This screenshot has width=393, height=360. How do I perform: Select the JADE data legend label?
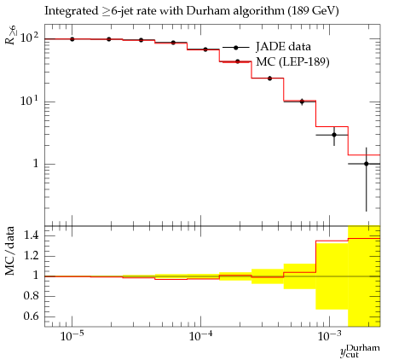point(283,47)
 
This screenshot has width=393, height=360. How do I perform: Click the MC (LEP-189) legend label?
point(292,61)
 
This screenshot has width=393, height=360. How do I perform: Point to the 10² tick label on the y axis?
point(29,38)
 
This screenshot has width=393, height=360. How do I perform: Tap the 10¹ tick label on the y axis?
point(29,101)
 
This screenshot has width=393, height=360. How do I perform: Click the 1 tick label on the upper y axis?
point(36,164)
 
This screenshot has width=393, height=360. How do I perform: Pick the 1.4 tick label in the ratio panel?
point(31,235)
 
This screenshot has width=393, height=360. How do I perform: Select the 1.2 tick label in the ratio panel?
point(31,256)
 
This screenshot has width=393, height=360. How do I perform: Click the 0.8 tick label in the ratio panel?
point(31,296)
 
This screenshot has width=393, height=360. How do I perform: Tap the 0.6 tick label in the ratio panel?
point(31,316)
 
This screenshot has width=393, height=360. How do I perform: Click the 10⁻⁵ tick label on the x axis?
point(72,336)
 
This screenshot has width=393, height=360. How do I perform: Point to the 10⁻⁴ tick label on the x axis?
point(200,336)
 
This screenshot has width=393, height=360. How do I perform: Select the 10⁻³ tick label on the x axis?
point(329,336)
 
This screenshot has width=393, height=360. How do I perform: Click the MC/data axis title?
point(10,251)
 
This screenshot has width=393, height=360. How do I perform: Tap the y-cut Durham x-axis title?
point(360,351)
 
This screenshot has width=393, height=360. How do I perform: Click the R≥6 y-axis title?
point(11,34)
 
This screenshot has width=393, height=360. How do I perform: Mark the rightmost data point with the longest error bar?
point(367,164)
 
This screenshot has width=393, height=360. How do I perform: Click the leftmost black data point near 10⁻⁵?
point(72,39)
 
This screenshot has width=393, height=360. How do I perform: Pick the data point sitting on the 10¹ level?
point(302,102)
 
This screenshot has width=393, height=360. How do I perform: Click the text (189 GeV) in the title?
point(313,11)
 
